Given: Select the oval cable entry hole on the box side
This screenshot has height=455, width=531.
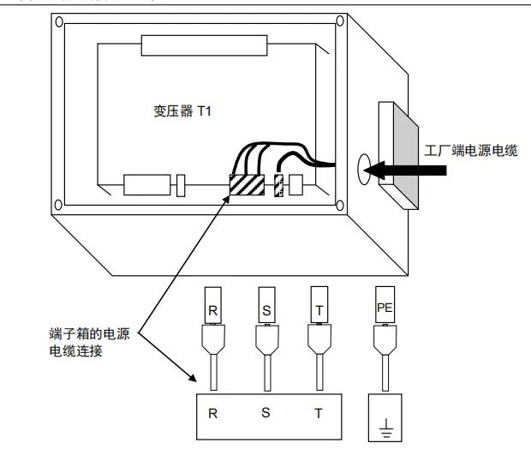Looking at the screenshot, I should coord(361,169).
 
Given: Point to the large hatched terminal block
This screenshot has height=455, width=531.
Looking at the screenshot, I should coord(246,184).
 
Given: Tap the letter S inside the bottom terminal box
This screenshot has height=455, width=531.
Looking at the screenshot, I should coord(266,412).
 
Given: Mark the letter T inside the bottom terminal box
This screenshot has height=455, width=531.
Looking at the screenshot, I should coord(318,412).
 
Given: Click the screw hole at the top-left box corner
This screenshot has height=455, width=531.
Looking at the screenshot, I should coord(58,19).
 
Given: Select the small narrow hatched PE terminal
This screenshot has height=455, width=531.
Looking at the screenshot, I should coord(278,185).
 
